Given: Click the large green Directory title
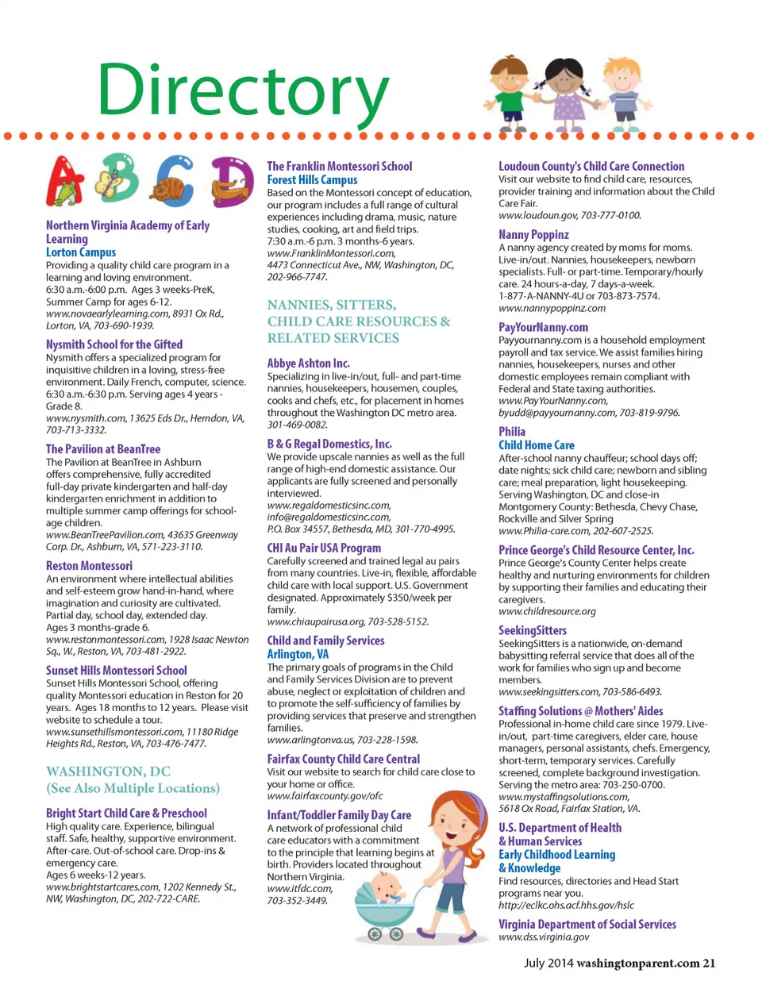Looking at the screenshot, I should [243, 90].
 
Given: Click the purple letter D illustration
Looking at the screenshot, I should [232, 181].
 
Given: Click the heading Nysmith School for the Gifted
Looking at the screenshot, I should [114, 344].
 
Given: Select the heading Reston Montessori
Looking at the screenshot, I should [89, 566].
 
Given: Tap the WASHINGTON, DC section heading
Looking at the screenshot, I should [108, 771].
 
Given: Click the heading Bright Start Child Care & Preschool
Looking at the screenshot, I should [126, 814].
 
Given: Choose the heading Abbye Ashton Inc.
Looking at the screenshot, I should [308, 364].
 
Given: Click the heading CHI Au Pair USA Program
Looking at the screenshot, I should [324, 548].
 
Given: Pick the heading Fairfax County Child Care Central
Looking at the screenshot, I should [343, 760].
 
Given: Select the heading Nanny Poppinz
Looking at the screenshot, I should [533, 235].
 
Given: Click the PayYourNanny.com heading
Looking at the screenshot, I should [543, 327].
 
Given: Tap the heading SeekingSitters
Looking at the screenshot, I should [533, 631].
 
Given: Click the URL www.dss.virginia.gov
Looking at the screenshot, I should [544, 937].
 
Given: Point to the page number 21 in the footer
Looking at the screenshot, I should [709, 964].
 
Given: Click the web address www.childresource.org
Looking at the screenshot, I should [547, 612].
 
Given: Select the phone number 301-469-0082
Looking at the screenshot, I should [297, 425].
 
